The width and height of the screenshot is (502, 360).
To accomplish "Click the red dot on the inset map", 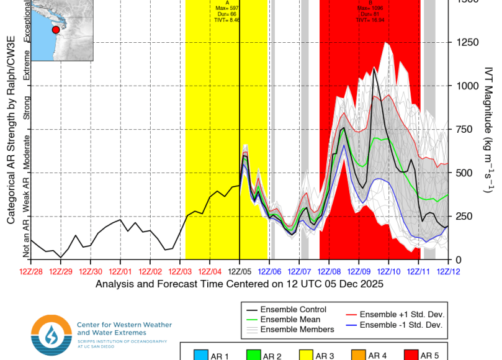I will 56,29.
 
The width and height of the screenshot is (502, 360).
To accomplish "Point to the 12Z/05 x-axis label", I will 240,271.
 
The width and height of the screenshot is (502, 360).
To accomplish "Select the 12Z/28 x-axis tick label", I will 30,271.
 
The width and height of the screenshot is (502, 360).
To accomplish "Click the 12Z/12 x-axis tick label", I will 448,271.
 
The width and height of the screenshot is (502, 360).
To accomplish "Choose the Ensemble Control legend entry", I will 292,310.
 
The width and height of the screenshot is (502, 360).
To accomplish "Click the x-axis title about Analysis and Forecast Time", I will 240,284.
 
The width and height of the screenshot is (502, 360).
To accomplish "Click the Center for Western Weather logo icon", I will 51,336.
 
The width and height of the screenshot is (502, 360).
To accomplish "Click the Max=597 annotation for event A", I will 227,7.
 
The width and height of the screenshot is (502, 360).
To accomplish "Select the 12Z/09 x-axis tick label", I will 359,271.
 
